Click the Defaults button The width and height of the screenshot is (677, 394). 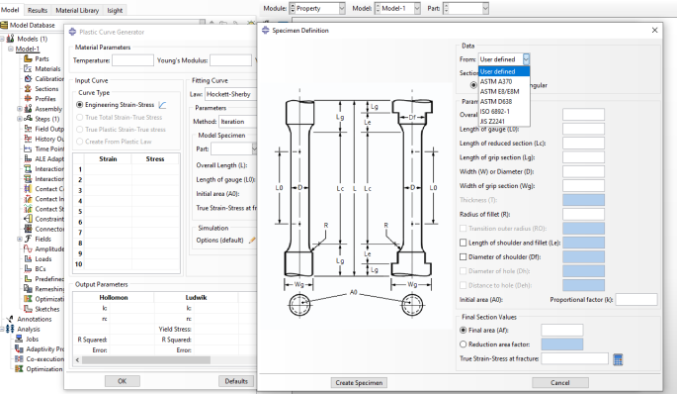tap(235, 380)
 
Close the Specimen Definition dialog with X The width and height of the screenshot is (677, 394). tap(656, 30)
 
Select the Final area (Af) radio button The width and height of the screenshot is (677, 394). tap(465, 330)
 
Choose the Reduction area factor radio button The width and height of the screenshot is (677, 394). tap(465, 344)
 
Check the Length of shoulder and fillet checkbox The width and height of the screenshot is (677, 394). tap(465, 242)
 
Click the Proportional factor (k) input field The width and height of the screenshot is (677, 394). tap(636, 298)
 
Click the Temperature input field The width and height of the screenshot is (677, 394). tap(132, 60)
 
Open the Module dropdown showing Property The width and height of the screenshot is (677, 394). tap(317, 8)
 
